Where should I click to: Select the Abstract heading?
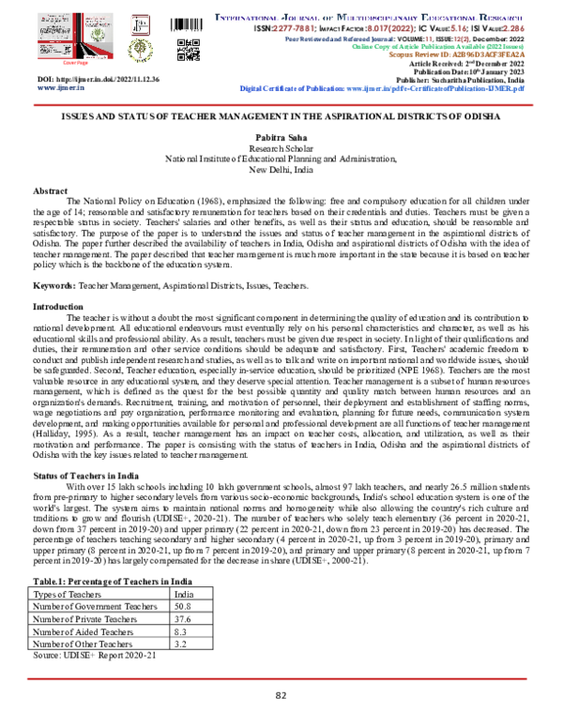click(x=51, y=190)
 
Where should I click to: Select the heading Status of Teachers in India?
click(x=89, y=478)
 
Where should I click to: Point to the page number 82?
click(x=281, y=695)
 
